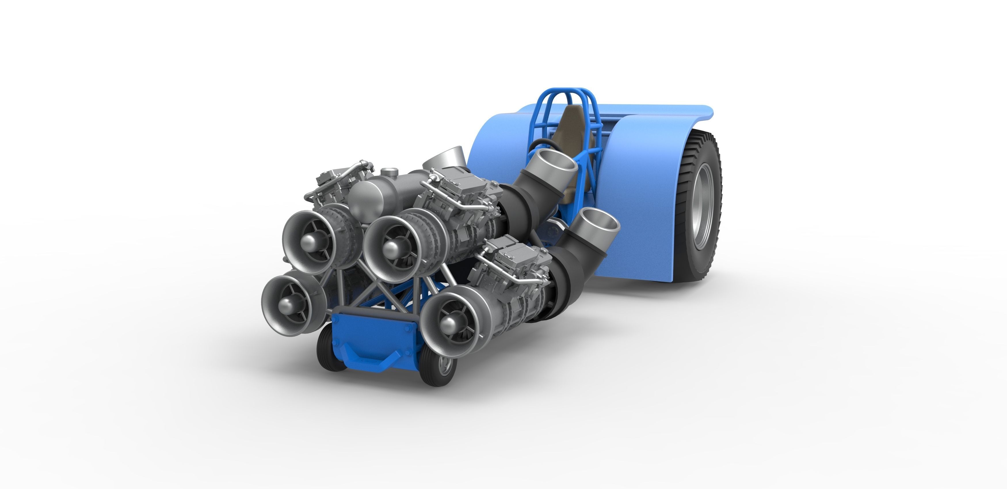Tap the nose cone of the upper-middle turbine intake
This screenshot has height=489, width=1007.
coord(391,248)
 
